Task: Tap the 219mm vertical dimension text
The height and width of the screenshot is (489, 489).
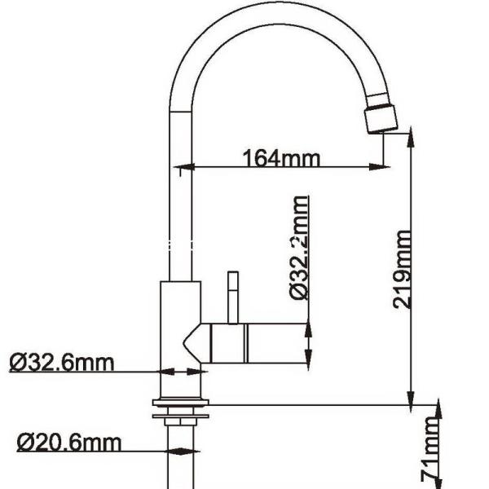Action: coord(402,269)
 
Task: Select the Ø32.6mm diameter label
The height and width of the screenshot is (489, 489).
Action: coord(62,362)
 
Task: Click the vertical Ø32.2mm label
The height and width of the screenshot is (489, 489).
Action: coord(300,249)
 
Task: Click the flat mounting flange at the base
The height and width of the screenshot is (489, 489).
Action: coord(181,403)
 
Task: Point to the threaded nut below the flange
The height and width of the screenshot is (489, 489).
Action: coord(181,420)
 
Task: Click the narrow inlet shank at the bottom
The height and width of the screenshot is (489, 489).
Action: coord(181,465)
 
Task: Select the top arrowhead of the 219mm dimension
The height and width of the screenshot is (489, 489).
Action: coord(409,134)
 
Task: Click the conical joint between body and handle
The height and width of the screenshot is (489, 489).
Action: coord(196,341)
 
